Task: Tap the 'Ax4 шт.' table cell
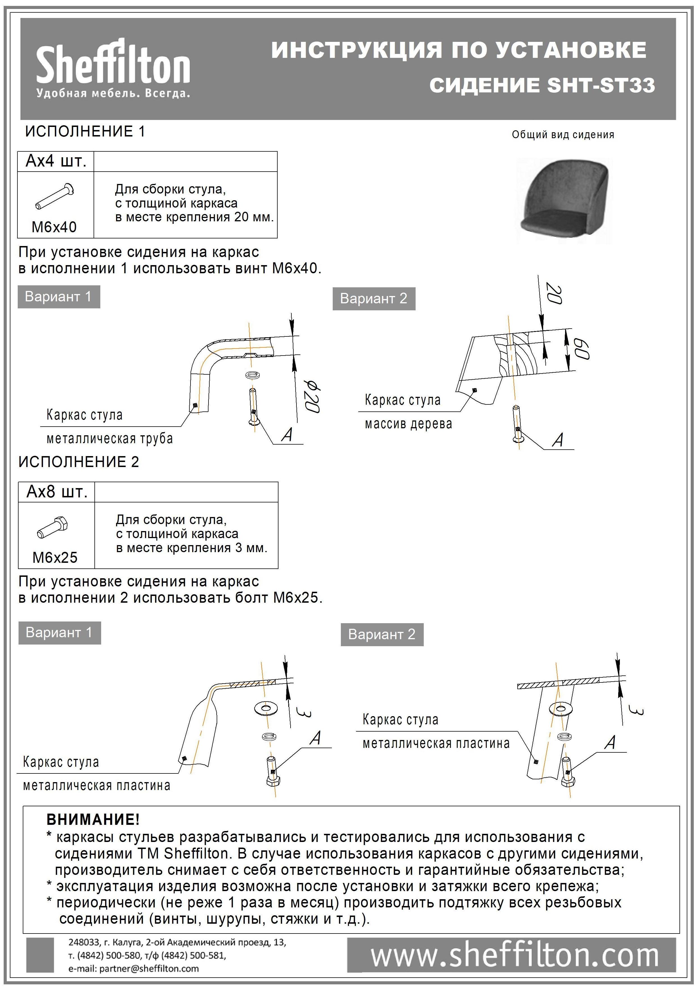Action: pyautogui.click(x=56, y=161)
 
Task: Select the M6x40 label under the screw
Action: pyautogui.click(x=54, y=227)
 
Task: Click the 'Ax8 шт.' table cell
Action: pyautogui.click(x=56, y=492)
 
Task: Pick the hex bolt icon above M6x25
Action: pyautogui.click(x=53, y=528)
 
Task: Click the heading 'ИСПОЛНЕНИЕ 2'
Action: pyautogui.click(x=78, y=462)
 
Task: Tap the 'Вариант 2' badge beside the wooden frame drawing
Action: pyautogui.click(x=373, y=298)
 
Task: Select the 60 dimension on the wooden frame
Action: pyautogui.click(x=581, y=349)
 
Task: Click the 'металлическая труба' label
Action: pyautogui.click(x=109, y=439)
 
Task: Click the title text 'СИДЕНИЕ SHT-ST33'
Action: pyautogui.click(x=542, y=85)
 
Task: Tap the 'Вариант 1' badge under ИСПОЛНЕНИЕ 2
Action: pyautogui.click(x=59, y=632)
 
